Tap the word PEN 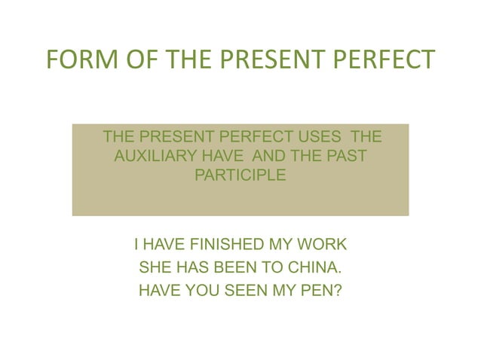tap(317, 288)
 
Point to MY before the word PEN tap(283, 288)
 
